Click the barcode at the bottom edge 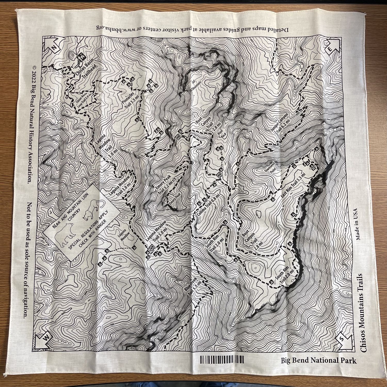click(222, 359)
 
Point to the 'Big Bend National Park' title click(319, 360)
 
